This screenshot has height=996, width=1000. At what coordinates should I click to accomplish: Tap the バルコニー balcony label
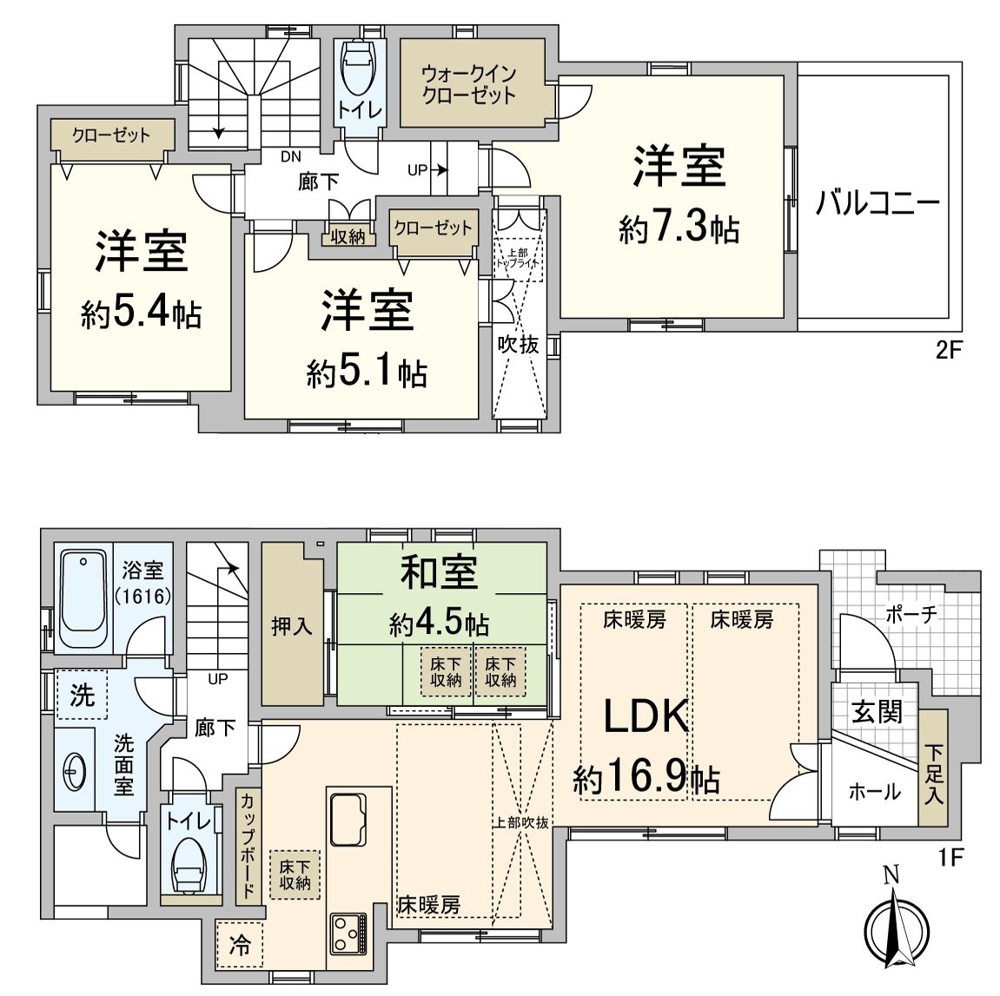click(877, 205)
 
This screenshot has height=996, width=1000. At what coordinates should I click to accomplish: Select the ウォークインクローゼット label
click(469, 84)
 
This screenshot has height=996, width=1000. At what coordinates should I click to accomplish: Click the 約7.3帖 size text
click(679, 229)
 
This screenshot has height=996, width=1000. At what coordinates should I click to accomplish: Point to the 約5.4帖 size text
click(142, 313)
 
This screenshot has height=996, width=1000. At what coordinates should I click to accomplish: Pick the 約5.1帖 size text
click(366, 373)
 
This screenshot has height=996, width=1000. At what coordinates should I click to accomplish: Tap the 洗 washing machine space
click(82, 695)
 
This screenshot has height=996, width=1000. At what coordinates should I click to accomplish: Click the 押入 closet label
click(291, 625)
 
